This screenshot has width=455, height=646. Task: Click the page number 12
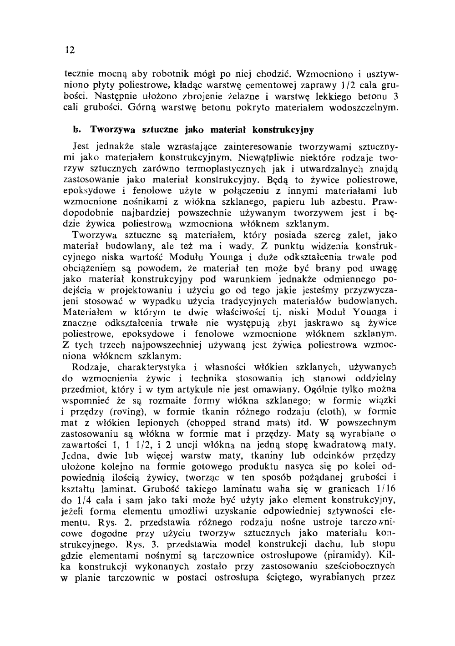(70, 50)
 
